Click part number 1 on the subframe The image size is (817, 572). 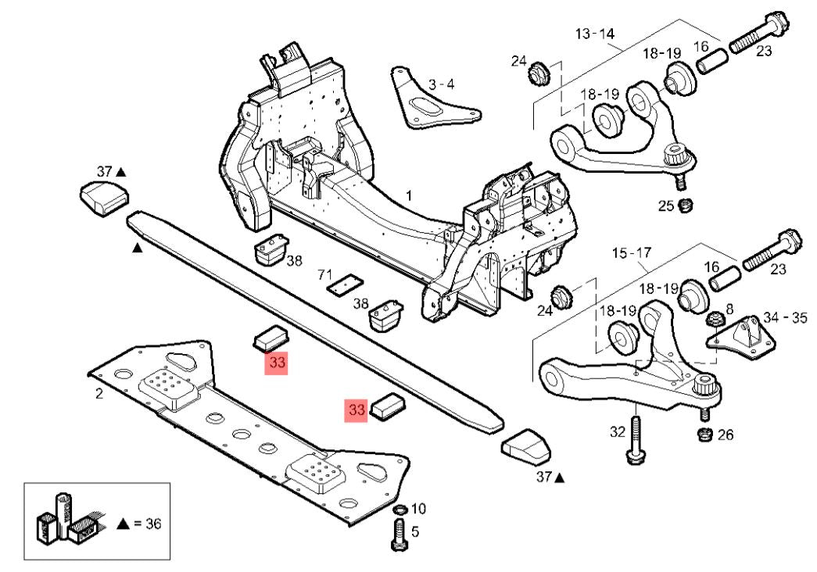click(408, 193)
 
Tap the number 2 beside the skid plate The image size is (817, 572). click(99, 394)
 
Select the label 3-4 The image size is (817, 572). click(441, 84)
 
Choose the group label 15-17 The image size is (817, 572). click(632, 254)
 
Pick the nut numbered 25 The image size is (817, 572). click(686, 206)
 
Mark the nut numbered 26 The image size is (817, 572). click(703, 434)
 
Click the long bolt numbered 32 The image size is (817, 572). click(635, 439)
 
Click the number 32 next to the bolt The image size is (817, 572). click(618, 431)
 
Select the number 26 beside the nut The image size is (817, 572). click(725, 434)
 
